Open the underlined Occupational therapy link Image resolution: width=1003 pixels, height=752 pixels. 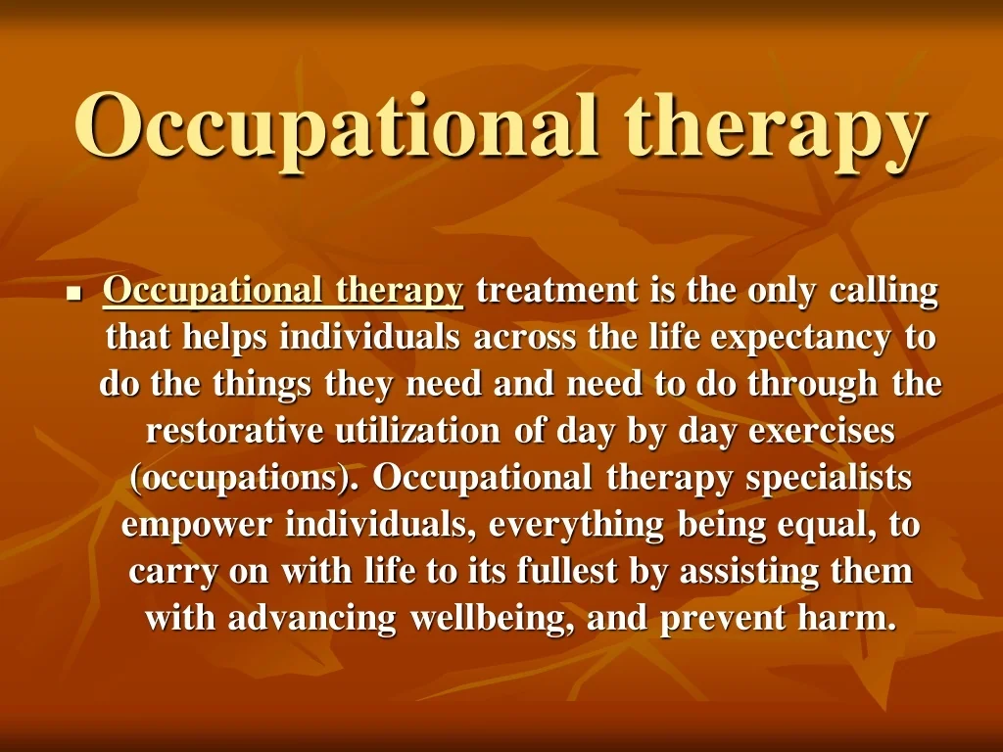[283, 292]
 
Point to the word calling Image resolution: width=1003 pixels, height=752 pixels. [884, 292]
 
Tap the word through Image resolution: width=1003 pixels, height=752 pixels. [812, 385]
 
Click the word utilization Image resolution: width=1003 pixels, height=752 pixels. [417, 431]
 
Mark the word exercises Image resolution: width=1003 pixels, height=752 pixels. [822, 432]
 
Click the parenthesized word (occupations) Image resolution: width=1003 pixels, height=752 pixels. [244, 479]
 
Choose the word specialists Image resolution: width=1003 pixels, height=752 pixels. [829, 479]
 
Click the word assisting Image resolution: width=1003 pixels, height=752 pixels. [749, 572]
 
